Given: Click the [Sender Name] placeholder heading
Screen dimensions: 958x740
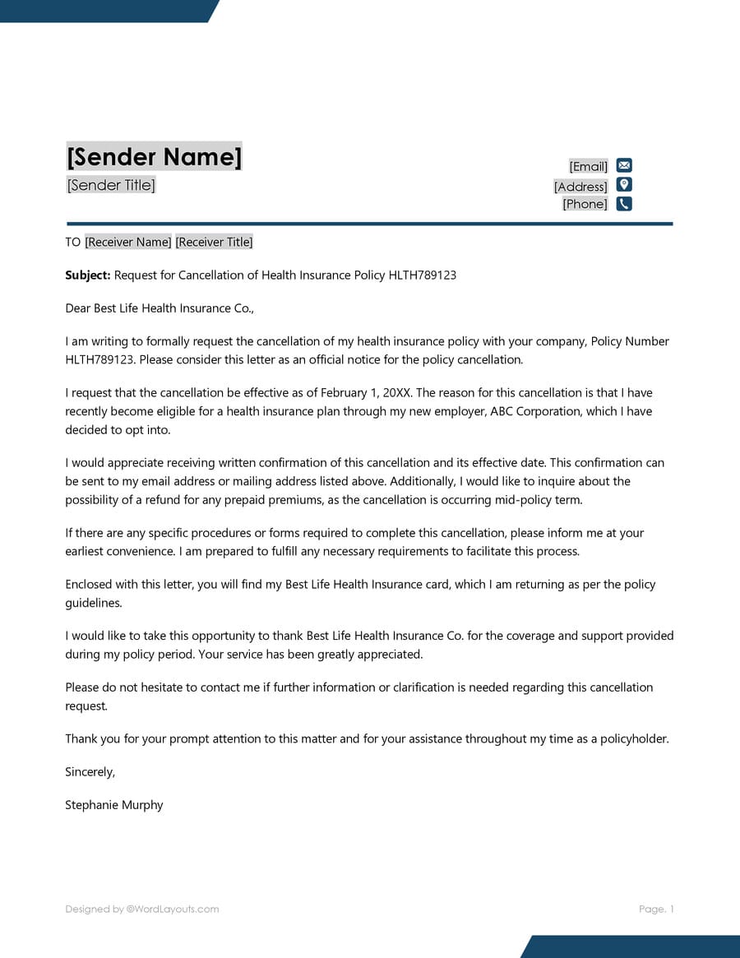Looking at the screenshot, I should pos(155,156).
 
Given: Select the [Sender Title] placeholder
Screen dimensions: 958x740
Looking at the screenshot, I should pos(111,185).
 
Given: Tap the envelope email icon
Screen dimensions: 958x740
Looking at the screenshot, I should pos(624,165).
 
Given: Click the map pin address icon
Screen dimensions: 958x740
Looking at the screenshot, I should pos(624,185).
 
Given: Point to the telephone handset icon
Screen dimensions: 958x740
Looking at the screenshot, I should pos(624,204).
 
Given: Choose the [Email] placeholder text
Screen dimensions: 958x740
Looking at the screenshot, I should pos(588,166).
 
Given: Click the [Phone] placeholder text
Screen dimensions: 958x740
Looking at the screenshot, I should pos(585,204).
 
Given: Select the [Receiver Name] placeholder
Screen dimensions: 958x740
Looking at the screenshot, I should pos(128,242).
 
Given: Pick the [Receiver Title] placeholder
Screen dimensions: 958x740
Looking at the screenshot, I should pos(214,242).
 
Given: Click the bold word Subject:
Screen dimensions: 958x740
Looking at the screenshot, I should pos(88,275).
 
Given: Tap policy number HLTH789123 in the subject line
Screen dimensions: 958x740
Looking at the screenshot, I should pos(416,275).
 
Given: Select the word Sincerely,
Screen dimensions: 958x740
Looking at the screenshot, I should pos(90,771).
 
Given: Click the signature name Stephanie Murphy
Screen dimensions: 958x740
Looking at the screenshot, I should pos(114,805).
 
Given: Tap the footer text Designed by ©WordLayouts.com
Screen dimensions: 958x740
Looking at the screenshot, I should pos(142,909).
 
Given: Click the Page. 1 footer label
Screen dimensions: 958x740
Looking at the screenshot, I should pos(656,909).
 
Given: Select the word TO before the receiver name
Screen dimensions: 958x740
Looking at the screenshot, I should pos(73,242).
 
